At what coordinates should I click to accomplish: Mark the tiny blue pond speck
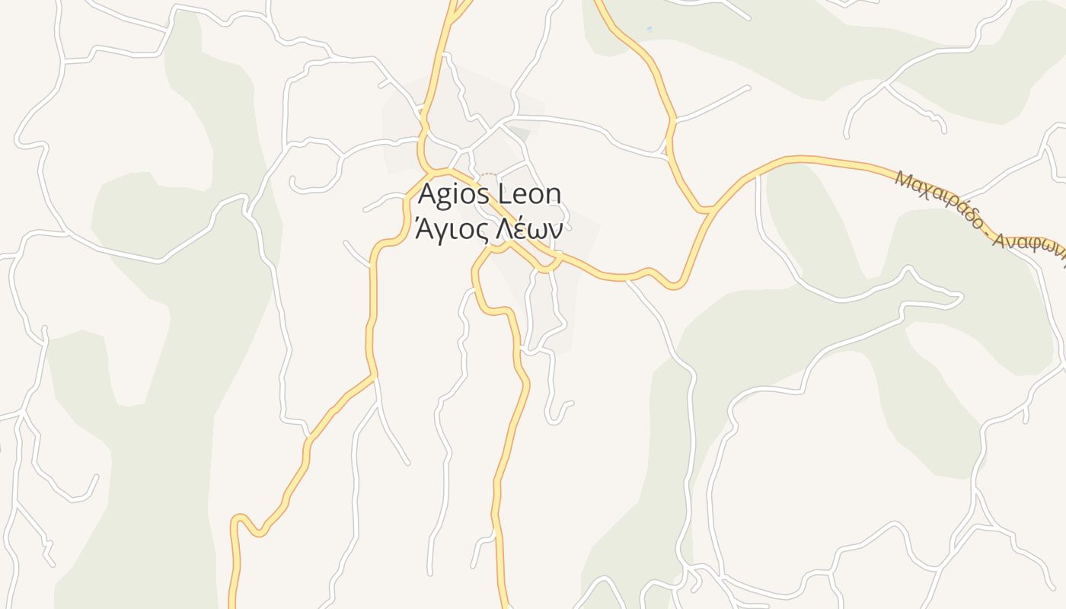tap(649, 29)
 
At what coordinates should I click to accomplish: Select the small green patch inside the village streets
tap(519, 134)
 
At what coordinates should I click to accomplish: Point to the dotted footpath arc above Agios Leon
tap(487, 174)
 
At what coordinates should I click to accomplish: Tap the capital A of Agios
tap(428, 194)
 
